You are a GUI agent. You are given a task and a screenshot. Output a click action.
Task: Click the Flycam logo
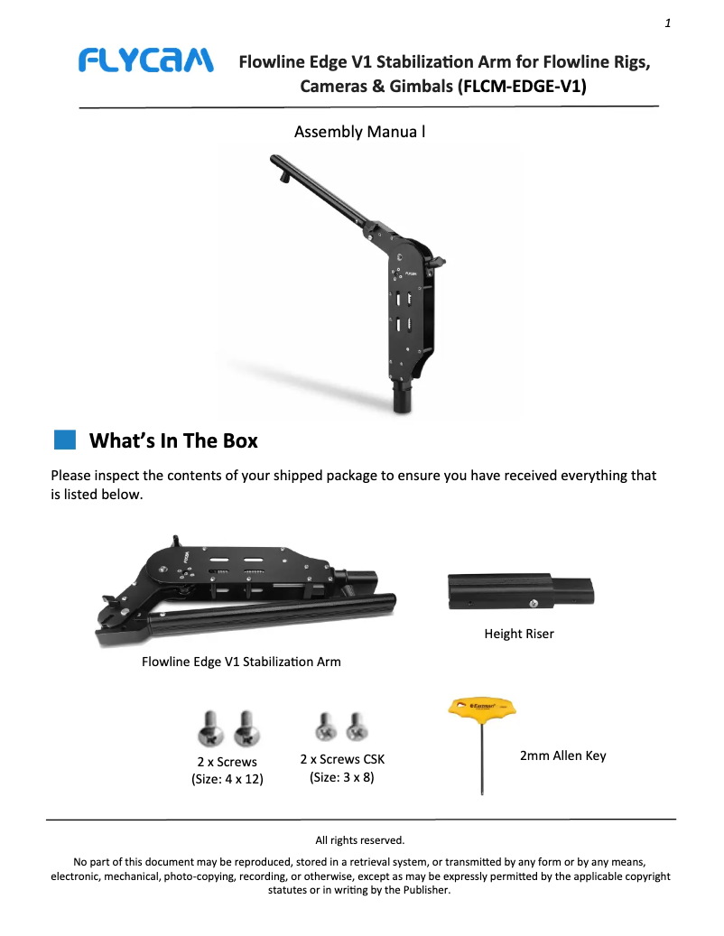(x=145, y=60)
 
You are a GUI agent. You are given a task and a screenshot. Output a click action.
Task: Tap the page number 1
(x=667, y=23)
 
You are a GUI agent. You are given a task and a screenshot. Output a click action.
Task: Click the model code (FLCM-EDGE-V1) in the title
(x=523, y=87)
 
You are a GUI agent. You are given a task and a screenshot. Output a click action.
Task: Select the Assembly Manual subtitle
(x=359, y=132)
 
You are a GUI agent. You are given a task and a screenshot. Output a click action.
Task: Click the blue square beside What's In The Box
(x=65, y=440)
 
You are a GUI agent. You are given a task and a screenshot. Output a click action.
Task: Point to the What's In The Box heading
(x=173, y=440)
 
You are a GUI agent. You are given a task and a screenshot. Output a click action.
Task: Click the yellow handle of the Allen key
(x=482, y=709)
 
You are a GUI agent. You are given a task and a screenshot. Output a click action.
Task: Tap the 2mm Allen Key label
(x=562, y=755)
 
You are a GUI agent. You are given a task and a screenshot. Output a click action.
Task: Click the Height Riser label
(x=519, y=634)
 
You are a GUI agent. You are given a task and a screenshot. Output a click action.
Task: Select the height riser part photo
(x=521, y=591)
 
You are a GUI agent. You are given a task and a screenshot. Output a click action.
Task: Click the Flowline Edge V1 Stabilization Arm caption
(x=241, y=662)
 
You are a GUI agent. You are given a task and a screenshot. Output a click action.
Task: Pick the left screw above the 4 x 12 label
(x=210, y=728)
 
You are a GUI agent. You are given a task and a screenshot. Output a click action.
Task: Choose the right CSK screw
(x=357, y=727)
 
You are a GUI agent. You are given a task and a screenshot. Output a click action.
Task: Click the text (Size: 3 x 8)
(x=342, y=777)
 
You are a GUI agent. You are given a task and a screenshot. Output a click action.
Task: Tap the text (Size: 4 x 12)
(x=227, y=779)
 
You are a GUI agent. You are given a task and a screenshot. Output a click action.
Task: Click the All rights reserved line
(x=360, y=840)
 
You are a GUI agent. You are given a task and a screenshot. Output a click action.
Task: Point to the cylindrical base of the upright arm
(x=403, y=397)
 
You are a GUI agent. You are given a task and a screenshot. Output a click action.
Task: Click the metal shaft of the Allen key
(x=482, y=757)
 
